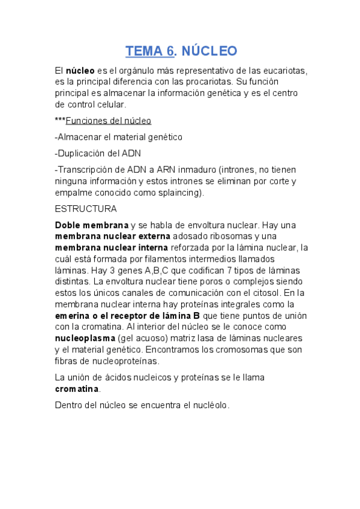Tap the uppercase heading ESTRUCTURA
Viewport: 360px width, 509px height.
click(85, 209)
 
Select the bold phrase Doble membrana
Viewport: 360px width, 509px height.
click(91, 225)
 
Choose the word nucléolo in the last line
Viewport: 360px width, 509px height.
click(208, 405)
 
